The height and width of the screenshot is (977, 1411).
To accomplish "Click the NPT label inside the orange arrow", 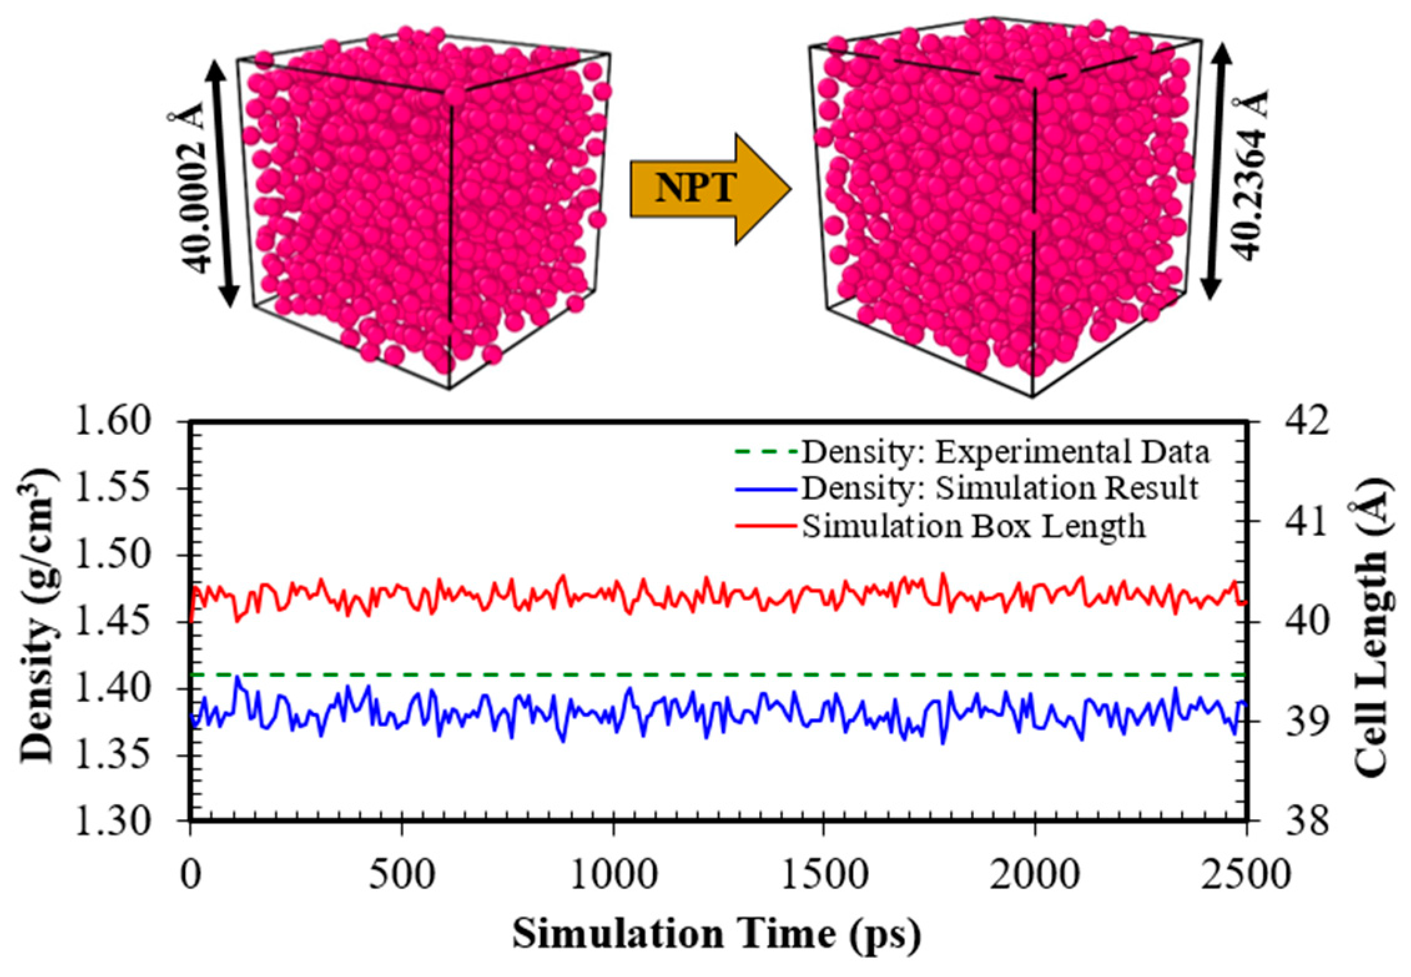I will (x=695, y=187).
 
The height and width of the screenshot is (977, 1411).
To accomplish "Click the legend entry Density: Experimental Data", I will (x=1004, y=452).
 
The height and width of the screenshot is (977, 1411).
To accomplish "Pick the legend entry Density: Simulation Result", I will (x=999, y=488).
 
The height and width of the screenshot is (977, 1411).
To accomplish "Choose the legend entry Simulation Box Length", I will (x=973, y=526).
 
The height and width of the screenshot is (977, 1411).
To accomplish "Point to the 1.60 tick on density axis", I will (x=114, y=422).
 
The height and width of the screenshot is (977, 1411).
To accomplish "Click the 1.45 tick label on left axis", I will (x=114, y=621).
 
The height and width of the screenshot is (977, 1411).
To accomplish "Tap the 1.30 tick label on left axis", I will (x=114, y=821).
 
